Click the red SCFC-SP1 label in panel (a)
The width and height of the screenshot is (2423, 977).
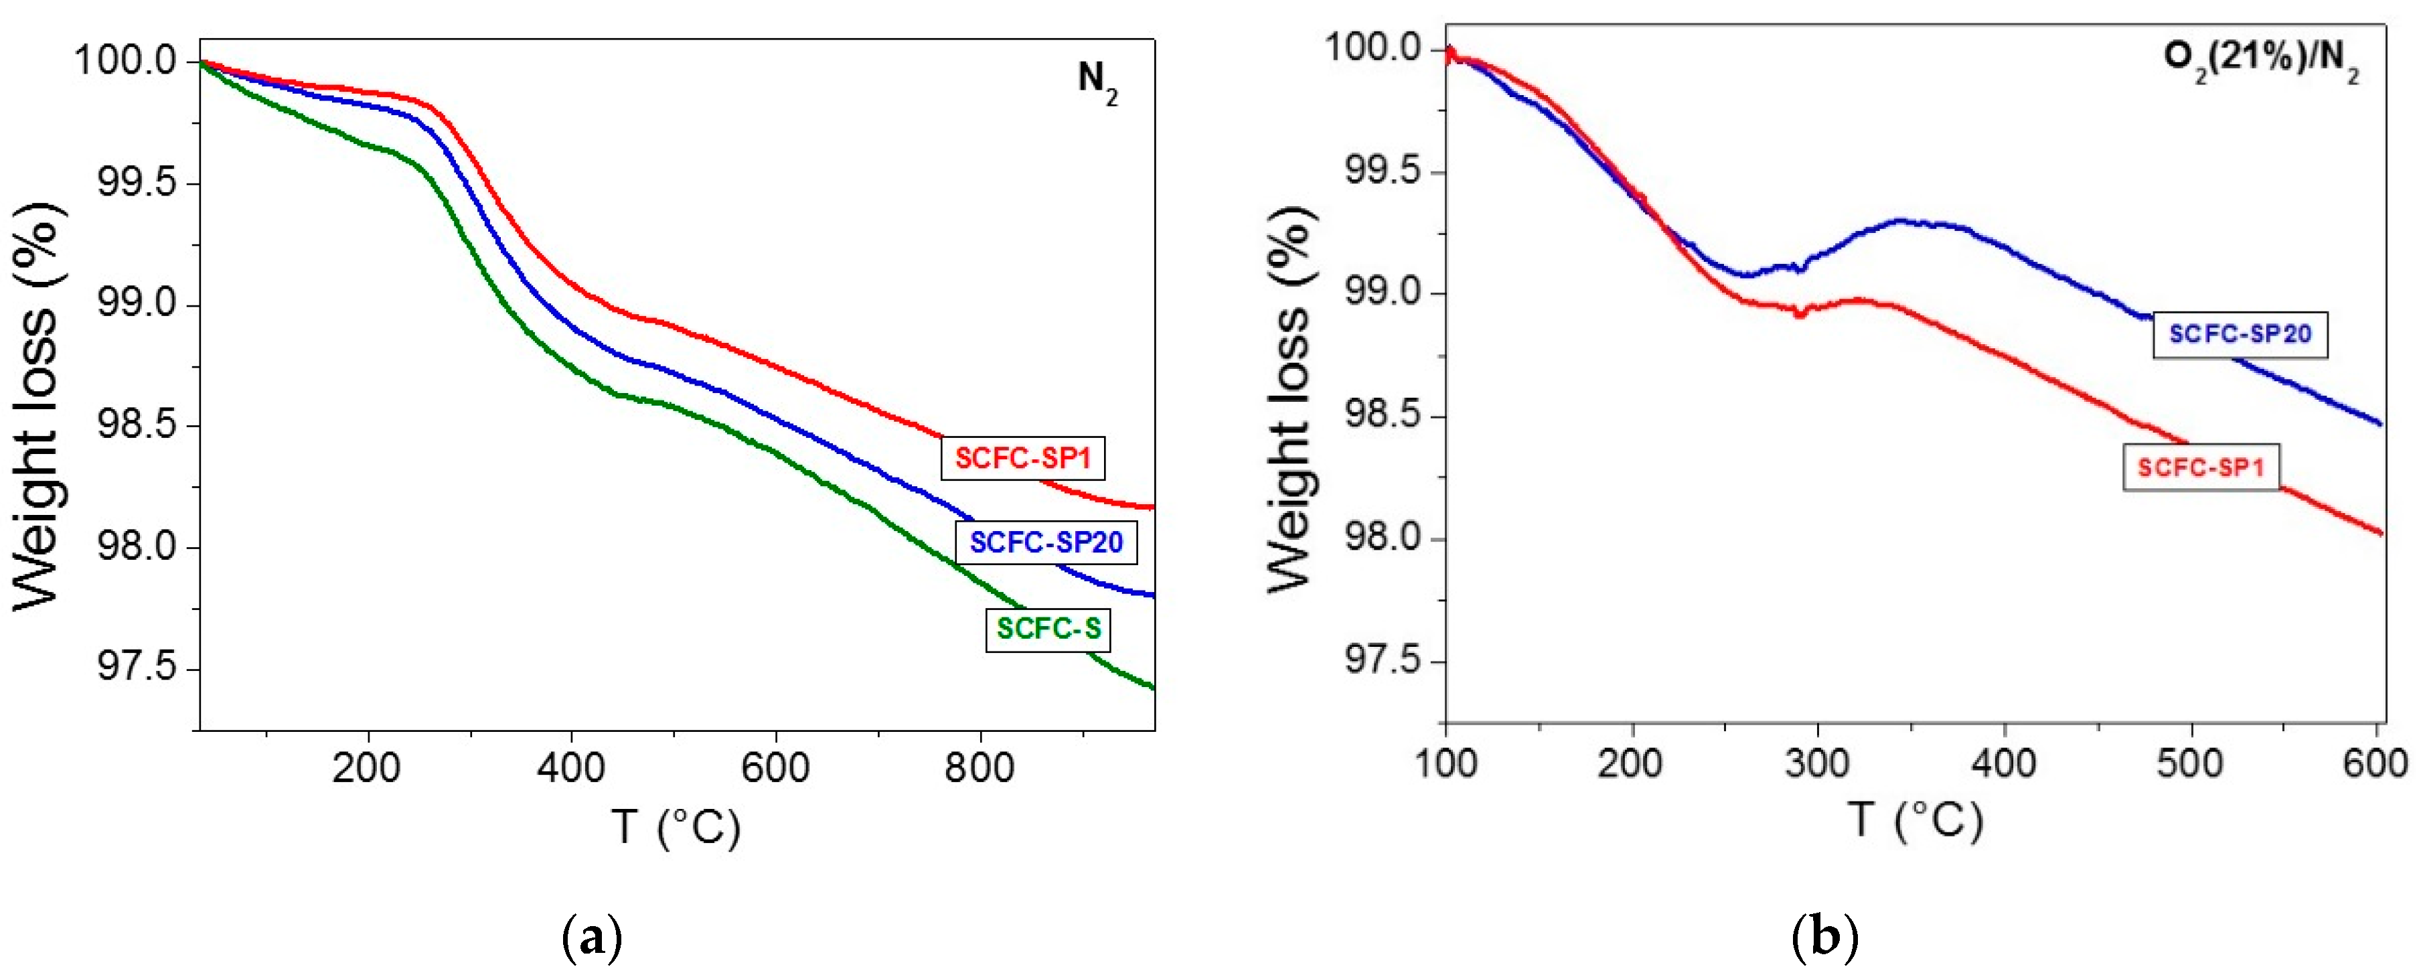1022,458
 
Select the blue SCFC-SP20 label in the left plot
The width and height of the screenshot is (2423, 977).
1046,542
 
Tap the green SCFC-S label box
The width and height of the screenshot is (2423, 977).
1048,628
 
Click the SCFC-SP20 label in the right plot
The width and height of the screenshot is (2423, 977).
2240,334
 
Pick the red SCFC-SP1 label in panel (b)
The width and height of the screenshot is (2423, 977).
2200,467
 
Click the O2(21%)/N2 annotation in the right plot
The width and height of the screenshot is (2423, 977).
2260,60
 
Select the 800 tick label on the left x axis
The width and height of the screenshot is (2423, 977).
979,768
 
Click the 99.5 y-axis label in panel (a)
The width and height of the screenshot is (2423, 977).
137,182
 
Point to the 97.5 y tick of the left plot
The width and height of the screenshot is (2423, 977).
137,668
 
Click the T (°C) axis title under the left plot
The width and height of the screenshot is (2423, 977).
676,826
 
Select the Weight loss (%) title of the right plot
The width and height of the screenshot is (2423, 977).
1291,400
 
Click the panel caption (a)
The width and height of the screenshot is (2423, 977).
592,937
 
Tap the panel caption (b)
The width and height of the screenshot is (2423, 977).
1824,937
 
